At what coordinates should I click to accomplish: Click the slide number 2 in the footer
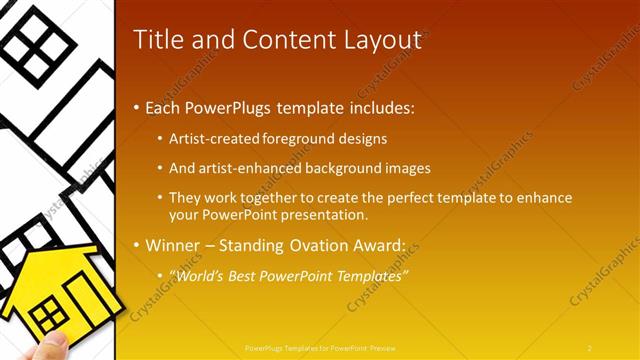tap(590, 347)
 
